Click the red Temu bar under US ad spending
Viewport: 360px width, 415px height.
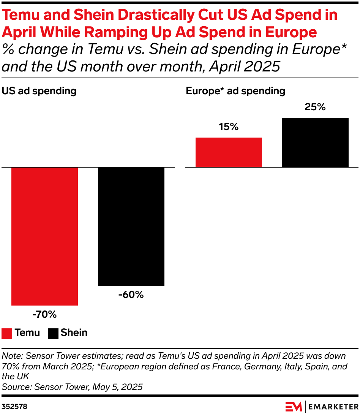click(x=44, y=236)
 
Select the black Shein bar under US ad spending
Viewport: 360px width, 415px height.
click(x=131, y=226)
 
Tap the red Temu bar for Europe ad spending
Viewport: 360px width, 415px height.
click(x=229, y=152)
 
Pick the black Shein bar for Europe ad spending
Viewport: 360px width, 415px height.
click(x=315, y=142)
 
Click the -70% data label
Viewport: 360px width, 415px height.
click(x=44, y=314)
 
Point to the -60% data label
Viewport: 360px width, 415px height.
click(x=131, y=295)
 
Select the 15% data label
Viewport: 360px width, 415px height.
click(x=229, y=127)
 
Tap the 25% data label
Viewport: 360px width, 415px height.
click(x=315, y=107)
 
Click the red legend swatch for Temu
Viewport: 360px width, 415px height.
click(x=7, y=333)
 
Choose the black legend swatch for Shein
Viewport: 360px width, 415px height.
click(x=53, y=333)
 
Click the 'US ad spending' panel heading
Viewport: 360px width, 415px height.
click(x=39, y=91)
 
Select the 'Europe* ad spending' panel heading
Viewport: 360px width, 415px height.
click(x=235, y=91)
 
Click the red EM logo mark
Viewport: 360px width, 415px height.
click(x=294, y=406)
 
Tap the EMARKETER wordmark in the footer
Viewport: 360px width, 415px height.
click(x=333, y=406)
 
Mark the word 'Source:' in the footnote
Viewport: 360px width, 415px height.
click(x=17, y=387)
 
